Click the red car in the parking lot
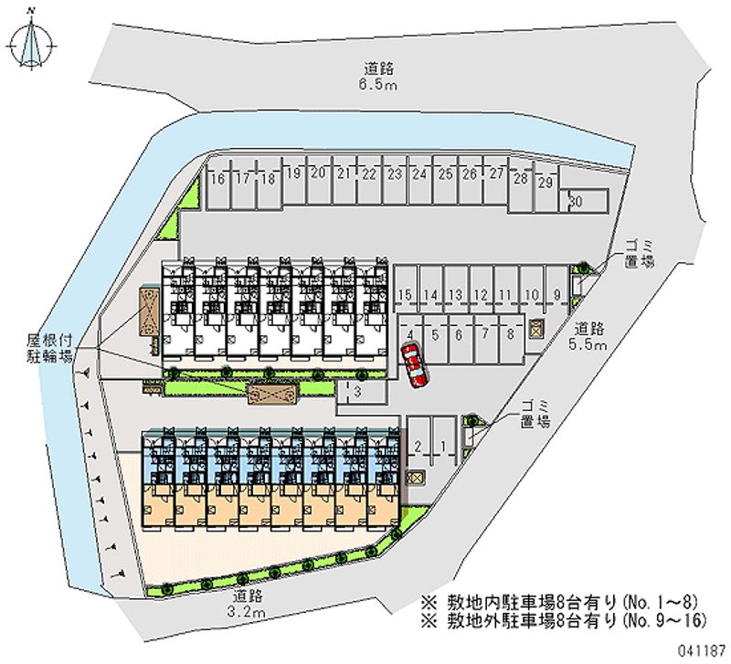coord(415,365)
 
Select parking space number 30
coord(577,200)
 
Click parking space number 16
coord(217,178)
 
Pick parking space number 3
coord(358,393)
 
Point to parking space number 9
coord(556,294)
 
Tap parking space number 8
coord(509,334)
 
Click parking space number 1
coord(443,446)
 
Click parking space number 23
coord(395,174)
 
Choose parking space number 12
coord(481,294)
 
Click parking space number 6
coord(460,334)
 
